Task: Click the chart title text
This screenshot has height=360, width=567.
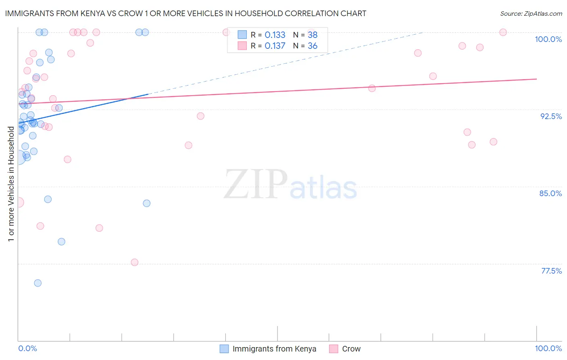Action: [x=186, y=13]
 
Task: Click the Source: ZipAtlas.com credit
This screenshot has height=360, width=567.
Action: [x=531, y=13]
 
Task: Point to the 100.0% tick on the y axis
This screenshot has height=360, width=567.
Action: [x=548, y=39]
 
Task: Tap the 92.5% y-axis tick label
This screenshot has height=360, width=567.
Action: [x=551, y=116]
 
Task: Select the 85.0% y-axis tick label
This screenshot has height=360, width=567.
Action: [x=550, y=193]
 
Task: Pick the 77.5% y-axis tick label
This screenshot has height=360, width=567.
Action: [x=551, y=271]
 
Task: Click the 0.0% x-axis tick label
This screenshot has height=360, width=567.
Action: [x=27, y=348]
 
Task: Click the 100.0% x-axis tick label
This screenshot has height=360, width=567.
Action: [x=548, y=348]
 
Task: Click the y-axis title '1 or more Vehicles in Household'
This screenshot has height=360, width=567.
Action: [x=11, y=184]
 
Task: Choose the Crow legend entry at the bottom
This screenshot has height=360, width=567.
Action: [x=351, y=349]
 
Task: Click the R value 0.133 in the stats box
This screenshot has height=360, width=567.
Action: [x=275, y=35]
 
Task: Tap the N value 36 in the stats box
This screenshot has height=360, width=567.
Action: [x=313, y=46]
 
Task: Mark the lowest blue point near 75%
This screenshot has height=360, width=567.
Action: [x=38, y=283]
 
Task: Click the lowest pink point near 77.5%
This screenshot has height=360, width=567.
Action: [x=135, y=262]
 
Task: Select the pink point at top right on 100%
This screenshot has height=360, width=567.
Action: [x=503, y=32]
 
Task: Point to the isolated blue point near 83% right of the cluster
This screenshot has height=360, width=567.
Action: [x=147, y=203]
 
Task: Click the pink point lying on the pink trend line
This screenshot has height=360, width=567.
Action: [x=372, y=88]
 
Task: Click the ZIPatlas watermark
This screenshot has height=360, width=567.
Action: [x=290, y=185]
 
